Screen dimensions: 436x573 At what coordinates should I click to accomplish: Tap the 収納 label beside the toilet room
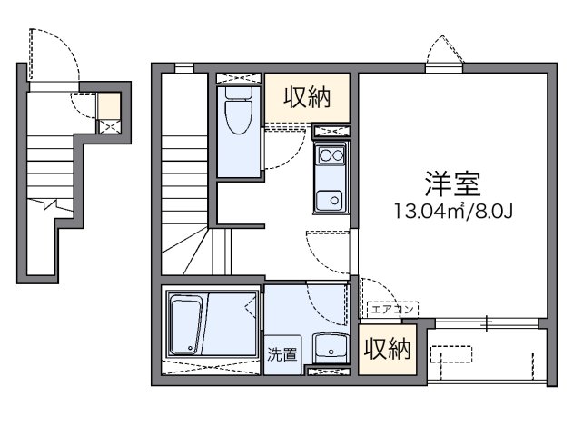(306, 97)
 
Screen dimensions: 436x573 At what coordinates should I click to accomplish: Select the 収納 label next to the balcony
(386, 348)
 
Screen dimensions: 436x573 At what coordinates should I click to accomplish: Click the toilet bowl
(239, 114)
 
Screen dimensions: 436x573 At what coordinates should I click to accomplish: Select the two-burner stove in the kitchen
(330, 155)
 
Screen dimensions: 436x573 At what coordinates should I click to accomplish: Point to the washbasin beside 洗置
(328, 349)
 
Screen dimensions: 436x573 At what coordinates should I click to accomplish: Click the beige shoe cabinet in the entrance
(109, 105)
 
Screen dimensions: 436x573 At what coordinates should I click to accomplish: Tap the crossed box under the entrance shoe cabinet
(109, 127)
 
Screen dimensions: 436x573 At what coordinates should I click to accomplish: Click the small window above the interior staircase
(183, 66)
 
